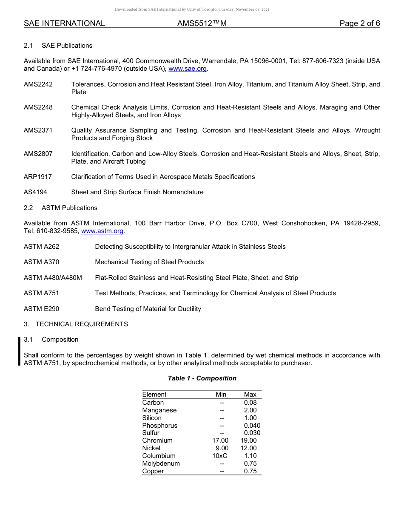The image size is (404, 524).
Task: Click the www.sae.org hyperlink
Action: pyautogui.click(x=188, y=69)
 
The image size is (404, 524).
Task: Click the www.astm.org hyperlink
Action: pyautogui.click(x=102, y=231)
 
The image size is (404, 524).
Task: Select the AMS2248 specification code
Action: pyautogui.click(x=38, y=107)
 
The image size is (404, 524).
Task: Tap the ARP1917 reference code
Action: pyautogui.click(x=38, y=177)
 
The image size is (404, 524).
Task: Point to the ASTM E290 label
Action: pyautogui.click(x=42, y=309)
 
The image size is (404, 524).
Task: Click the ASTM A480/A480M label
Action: pyautogui.click(x=53, y=278)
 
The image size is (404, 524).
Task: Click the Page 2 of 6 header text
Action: pyautogui.click(x=359, y=23)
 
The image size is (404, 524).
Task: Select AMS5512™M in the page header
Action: pyautogui.click(x=202, y=23)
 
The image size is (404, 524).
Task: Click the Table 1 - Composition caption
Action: pyautogui.click(x=202, y=378)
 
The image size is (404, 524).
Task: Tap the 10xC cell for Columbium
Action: pyautogui.click(x=220, y=456)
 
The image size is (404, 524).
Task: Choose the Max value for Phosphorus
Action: pyautogui.click(x=252, y=426)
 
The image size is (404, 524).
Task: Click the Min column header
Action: pyautogui.click(x=221, y=394)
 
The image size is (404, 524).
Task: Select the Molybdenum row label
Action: pyautogui.click(x=161, y=464)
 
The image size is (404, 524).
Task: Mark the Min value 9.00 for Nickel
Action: pyautogui.click(x=222, y=448)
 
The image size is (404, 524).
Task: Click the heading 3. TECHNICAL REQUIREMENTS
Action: pyautogui.click(x=76, y=324)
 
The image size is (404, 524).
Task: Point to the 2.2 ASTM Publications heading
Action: pyautogui.click(x=61, y=208)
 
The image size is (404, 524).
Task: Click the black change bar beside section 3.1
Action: pyautogui.click(x=19, y=351)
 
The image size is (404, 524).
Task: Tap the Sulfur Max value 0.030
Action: pyautogui.click(x=252, y=433)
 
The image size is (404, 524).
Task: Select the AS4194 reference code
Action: pyautogui.click(x=36, y=192)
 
